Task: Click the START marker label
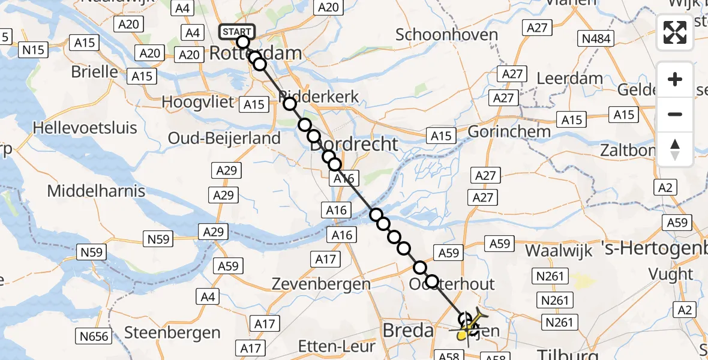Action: tap(238, 32)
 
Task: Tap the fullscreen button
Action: tap(675, 32)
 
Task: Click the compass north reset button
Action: tap(675, 149)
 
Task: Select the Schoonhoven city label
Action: tap(447, 35)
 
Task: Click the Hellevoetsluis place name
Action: tap(85, 128)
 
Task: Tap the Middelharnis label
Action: tap(96, 191)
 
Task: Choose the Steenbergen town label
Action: tap(172, 332)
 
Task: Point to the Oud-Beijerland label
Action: tap(224, 138)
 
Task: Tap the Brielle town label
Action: tap(95, 71)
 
